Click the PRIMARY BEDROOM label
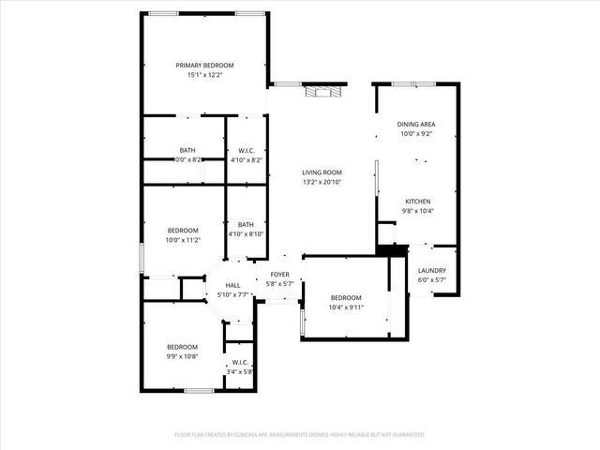coord(205,65)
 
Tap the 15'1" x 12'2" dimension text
coord(205,76)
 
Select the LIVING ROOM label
coord(322,172)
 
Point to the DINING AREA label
coord(417,124)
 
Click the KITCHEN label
coord(417,202)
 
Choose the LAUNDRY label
coord(431,270)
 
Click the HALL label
coord(232,285)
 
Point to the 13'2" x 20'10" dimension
coord(322,183)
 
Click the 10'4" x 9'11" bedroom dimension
coord(345,307)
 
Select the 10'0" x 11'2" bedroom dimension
coord(183,241)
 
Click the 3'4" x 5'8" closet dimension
coord(240,371)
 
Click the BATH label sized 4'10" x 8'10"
coord(246,224)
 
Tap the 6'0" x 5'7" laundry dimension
coord(431,280)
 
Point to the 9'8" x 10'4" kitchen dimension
coord(417,212)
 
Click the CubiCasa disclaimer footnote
coord(300,435)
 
